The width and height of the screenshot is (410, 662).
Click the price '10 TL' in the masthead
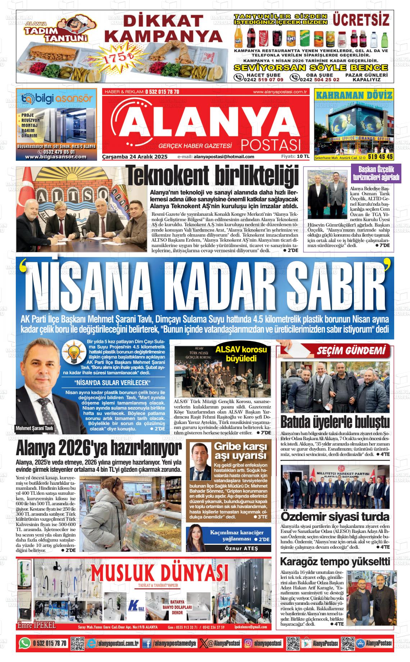(303, 156)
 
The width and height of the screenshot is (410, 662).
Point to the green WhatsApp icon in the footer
(25, 643)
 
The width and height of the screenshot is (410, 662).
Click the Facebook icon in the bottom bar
(146, 643)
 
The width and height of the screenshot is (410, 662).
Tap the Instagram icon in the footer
(248, 643)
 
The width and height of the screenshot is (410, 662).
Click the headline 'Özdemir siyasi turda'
(335, 517)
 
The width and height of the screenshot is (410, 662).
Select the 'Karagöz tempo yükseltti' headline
(334, 562)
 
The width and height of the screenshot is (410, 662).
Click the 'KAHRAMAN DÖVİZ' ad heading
(354, 95)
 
